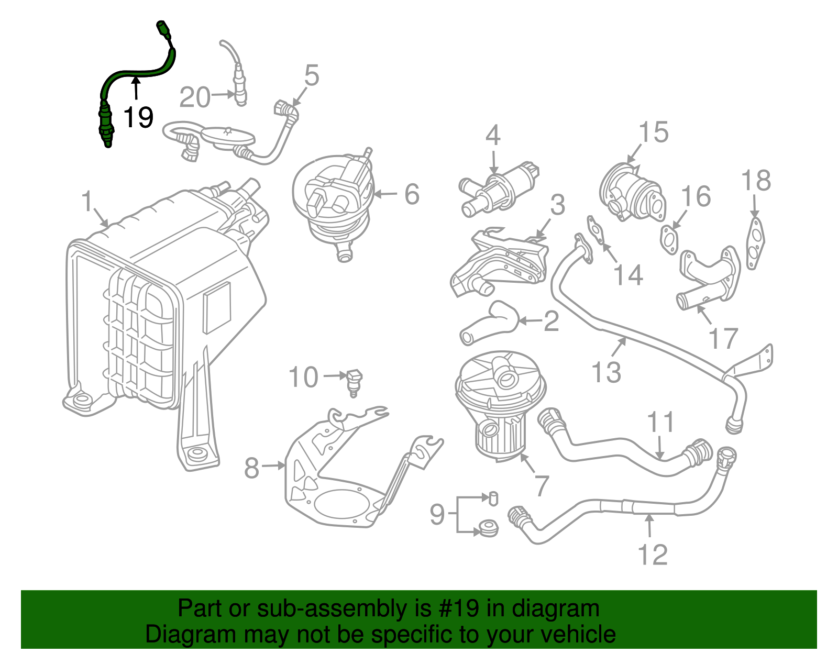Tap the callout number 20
tap(195, 98)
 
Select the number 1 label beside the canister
tap(87, 202)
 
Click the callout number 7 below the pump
tap(541, 486)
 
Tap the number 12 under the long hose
tap(653, 555)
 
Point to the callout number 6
tap(412, 194)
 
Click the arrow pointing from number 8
tap(273, 465)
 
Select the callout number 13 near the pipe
tap(606, 373)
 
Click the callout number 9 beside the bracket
tap(437, 514)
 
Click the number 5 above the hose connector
tap(312, 76)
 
